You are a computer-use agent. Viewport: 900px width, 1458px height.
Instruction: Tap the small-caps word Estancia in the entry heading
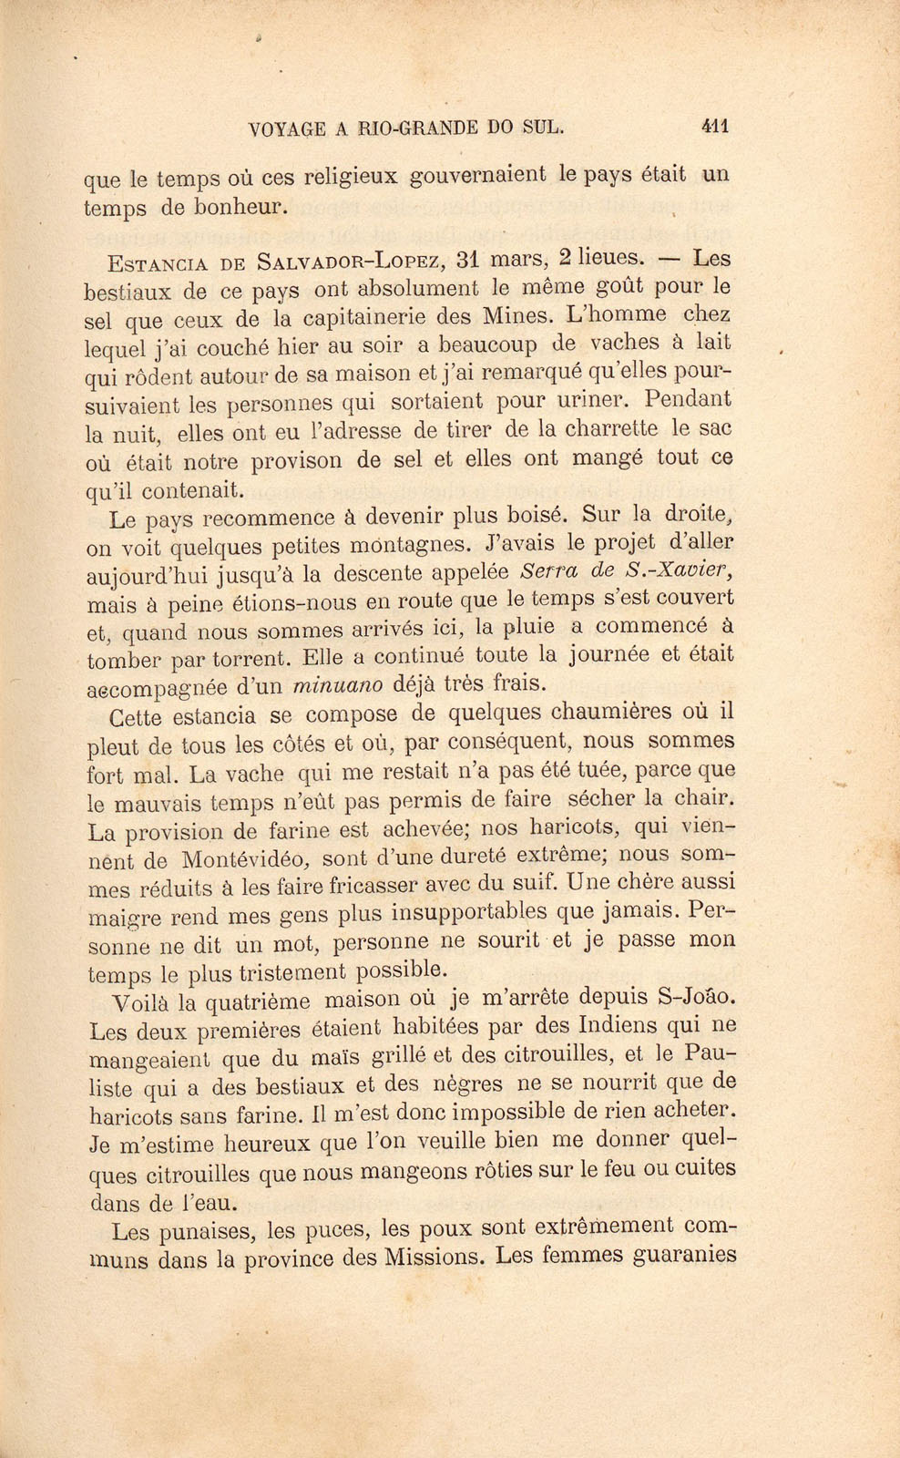tap(157, 264)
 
